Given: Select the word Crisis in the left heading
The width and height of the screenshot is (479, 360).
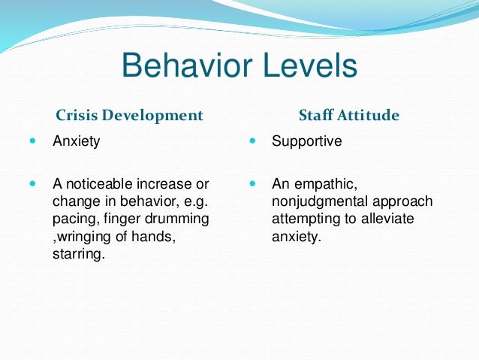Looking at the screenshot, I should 78,116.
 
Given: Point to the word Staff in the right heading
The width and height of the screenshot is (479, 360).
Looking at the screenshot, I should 316,116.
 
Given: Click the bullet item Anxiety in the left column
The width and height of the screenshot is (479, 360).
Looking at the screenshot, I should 76,141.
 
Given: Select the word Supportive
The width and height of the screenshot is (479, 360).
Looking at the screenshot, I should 306,141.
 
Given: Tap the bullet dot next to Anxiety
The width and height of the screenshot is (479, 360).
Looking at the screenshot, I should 32,141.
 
